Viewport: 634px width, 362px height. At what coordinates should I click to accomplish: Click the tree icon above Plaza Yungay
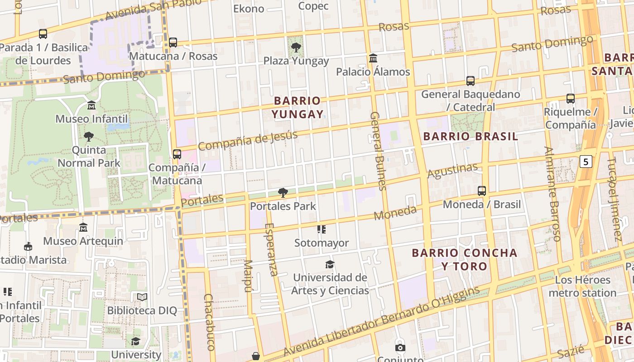(x=296, y=47)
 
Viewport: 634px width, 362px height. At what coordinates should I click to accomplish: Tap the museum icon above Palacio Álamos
(x=373, y=58)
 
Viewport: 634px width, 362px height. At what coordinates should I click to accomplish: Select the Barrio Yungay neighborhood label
(x=298, y=107)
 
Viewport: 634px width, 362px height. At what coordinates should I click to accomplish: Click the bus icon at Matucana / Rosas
(x=173, y=43)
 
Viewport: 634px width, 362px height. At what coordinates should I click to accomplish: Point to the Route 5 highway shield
(x=586, y=161)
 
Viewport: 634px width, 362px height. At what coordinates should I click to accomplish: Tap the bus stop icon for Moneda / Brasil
(x=482, y=191)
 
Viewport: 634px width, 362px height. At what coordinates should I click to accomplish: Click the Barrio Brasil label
(x=471, y=137)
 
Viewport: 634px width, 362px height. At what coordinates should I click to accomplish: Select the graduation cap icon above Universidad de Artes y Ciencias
(x=330, y=264)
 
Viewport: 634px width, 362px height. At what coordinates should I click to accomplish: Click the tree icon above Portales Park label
(x=283, y=193)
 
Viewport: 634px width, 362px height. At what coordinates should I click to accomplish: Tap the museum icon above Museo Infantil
(x=91, y=105)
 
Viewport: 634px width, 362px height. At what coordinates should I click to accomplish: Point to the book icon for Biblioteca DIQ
(x=142, y=297)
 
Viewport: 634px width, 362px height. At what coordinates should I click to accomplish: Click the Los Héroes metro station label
(x=582, y=286)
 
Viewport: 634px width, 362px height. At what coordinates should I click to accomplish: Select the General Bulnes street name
(x=378, y=151)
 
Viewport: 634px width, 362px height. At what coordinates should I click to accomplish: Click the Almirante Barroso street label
(x=552, y=194)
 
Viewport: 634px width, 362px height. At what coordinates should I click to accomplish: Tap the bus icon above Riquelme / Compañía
(x=571, y=98)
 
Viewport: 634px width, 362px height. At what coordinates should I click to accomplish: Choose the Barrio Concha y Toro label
(x=464, y=259)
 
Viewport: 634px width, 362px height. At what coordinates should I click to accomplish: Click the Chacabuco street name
(x=209, y=322)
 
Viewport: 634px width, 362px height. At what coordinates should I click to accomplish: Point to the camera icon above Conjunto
(x=400, y=348)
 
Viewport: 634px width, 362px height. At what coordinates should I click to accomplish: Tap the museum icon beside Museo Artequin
(x=83, y=227)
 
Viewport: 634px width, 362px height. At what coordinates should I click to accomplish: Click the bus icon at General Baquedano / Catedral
(x=471, y=81)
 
